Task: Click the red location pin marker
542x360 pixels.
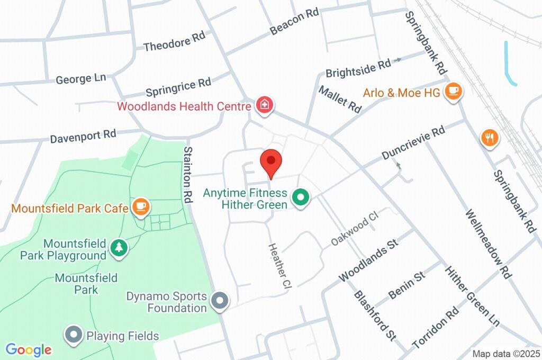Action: click(272, 161)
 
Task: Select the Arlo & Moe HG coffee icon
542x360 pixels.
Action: click(454, 92)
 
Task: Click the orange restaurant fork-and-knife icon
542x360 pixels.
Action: click(490, 138)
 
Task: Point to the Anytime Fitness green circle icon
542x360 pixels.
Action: click(301, 199)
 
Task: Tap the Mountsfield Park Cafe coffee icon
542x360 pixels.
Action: click(140, 207)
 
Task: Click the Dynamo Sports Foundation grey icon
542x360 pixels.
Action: click(219, 301)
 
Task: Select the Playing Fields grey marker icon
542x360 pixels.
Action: click(73, 335)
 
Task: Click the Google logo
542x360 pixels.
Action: click(29, 349)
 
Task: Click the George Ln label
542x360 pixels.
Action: click(81, 79)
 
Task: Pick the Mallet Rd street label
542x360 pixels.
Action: click(340, 98)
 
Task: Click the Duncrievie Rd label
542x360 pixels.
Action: click(413, 143)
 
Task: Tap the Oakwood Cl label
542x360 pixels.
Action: click(355, 229)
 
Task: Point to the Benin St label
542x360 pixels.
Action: click(406, 285)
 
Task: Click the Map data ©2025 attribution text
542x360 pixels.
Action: click(506, 354)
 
